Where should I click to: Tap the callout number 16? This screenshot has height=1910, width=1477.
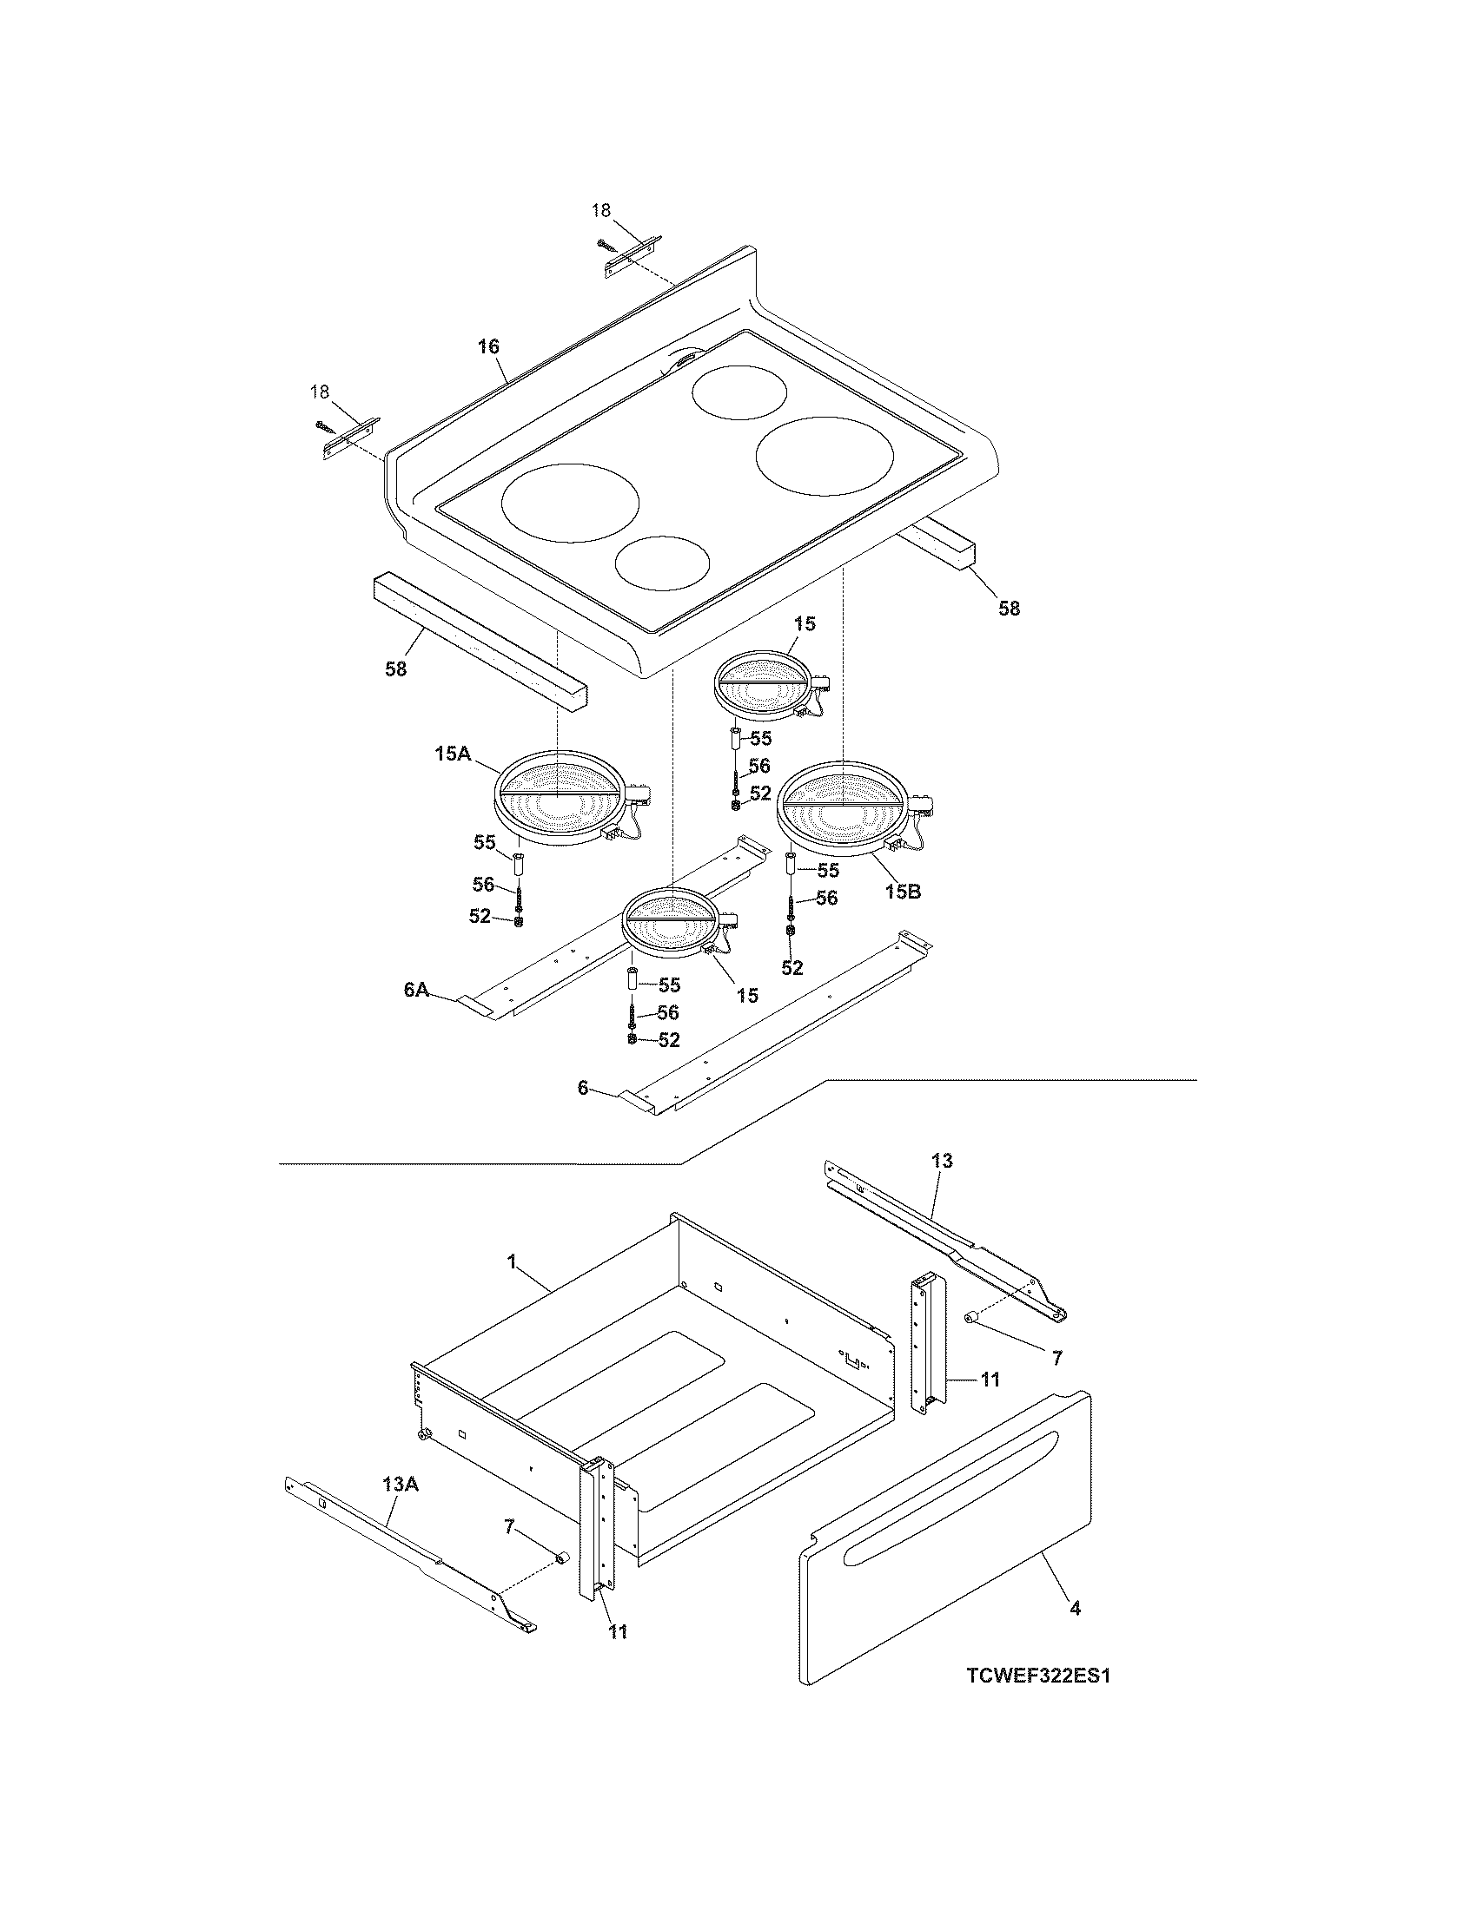pyautogui.click(x=488, y=346)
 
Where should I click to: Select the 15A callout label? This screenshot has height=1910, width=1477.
pyautogui.click(x=453, y=754)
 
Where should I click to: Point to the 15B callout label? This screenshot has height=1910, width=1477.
pyautogui.click(x=901, y=892)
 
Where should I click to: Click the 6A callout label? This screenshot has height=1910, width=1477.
pyautogui.click(x=415, y=989)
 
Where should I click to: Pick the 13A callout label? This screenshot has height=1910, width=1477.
pyautogui.click(x=400, y=1483)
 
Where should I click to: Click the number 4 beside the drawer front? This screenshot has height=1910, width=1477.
pyautogui.click(x=1075, y=1607)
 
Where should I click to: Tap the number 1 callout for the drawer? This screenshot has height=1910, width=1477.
pyautogui.click(x=511, y=1263)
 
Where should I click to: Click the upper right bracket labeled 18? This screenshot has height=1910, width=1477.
pyautogui.click(x=633, y=257)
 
